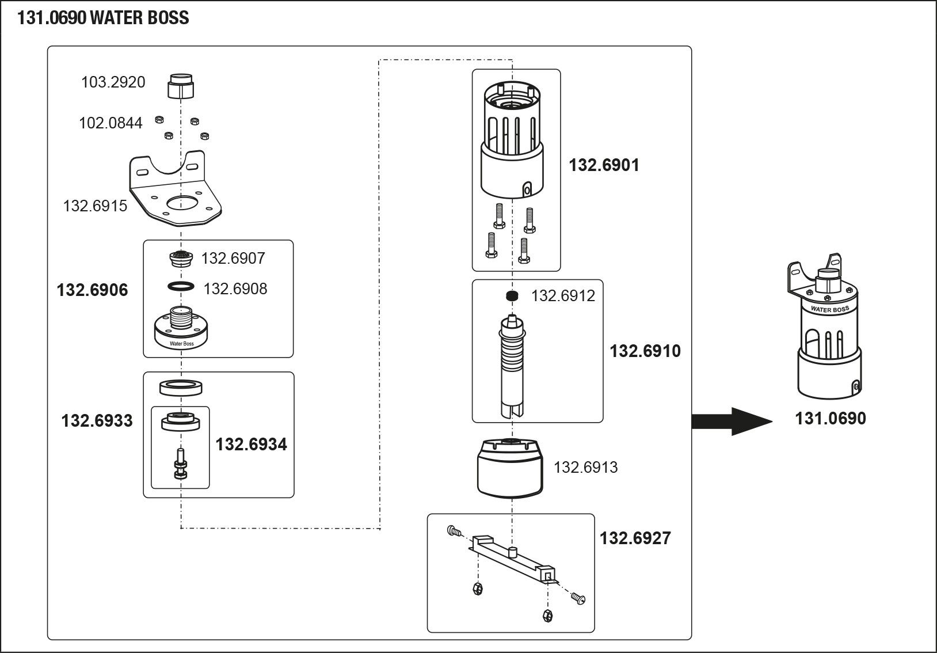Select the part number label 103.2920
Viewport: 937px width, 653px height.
click(x=113, y=82)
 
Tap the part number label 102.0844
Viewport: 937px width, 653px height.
click(x=111, y=123)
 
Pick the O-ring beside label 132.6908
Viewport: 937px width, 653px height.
click(x=181, y=286)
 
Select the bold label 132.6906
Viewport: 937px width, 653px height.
click(x=92, y=290)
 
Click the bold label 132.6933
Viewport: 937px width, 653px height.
click(x=97, y=421)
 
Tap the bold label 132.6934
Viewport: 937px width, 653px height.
click(x=251, y=445)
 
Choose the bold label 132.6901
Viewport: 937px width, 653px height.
click(x=604, y=166)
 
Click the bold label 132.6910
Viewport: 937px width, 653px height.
click(x=645, y=351)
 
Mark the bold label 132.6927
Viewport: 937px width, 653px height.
click(x=635, y=538)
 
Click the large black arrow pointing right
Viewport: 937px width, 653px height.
click(x=731, y=421)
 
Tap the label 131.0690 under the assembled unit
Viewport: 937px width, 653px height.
click(x=830, y=419)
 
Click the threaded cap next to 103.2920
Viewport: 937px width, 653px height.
click(x=181, y=86)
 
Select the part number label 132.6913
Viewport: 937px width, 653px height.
click(x=585, y=467)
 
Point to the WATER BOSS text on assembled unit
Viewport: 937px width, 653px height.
click(x=830, y=309)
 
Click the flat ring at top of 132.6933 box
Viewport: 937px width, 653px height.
click(x=181, y=388)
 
